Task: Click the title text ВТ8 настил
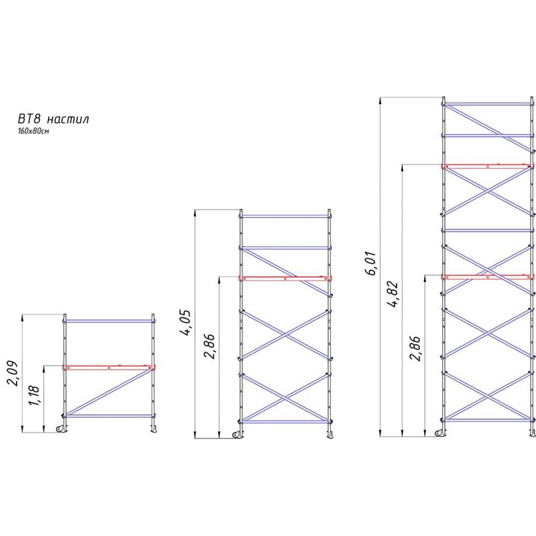[54, 119]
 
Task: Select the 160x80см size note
[33, 131]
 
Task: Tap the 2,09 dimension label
[13, 374]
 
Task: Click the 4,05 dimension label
[186, 322]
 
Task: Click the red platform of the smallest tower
[109, 367]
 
